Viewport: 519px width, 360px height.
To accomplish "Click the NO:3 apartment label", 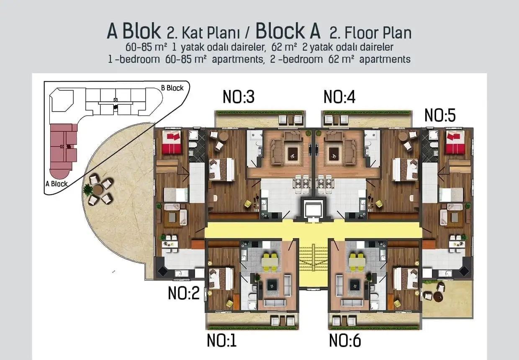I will [239, 97].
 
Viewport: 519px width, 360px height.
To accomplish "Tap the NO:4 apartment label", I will [339, 97].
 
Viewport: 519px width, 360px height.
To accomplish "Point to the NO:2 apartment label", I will [184, 293].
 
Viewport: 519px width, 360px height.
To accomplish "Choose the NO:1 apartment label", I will [222, 340].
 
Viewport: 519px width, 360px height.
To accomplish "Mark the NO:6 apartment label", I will [345, 340].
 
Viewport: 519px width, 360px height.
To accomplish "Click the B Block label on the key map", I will [172, 88].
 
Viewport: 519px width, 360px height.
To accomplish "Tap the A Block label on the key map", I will [56, 183].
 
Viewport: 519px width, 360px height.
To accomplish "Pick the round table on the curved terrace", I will [98, 190].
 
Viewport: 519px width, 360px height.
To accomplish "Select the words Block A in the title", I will [288, 31].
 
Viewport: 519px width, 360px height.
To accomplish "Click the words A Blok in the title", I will [134, 31].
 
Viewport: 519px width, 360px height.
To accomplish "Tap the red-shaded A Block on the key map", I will [63, 147].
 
